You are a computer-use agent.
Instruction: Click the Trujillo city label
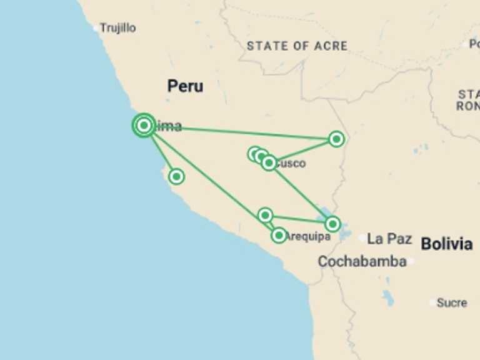[118, 28]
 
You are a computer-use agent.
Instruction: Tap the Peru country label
[185, 86]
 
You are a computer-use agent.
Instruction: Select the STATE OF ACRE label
[297, 46]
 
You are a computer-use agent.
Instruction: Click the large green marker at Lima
[144, 126]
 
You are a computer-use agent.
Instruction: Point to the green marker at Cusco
[269, 163]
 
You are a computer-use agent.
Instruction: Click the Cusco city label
[291, 164]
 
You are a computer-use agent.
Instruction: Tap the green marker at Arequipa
[279, 236]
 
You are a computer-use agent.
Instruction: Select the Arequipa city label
[307, 236]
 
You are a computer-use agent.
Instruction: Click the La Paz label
[389, 239]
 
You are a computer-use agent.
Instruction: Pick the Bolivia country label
[446, 244]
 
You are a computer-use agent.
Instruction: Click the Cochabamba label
[362, 262]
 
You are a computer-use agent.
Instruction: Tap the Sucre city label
[452, 302]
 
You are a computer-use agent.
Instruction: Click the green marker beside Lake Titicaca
[332, 223]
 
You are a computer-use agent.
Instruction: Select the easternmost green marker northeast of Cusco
[336, 139]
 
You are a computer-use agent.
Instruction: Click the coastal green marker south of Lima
[177, 177]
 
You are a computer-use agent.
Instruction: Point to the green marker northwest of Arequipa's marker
[265, 216]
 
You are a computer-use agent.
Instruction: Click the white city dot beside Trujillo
[96, 28]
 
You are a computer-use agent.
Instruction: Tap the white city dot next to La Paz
[362, 238]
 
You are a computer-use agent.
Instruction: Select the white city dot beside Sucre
[432, 302]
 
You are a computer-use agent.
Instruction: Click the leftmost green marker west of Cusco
[254, 154]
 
